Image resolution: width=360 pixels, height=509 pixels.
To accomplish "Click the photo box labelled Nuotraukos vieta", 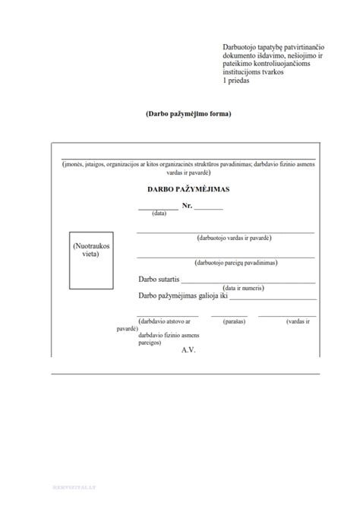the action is [91, 261].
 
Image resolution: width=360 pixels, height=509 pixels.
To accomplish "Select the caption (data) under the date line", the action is [159, 213].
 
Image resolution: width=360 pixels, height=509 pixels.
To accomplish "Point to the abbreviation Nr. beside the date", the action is [187, 206].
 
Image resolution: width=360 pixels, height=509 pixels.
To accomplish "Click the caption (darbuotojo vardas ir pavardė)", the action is [233, 238].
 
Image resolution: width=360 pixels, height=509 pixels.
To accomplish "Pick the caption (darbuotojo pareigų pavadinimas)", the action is [235, 263].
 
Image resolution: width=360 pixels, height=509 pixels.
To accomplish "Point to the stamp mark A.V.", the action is [188, 349].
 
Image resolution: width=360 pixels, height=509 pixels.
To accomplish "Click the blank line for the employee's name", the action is [225, 232].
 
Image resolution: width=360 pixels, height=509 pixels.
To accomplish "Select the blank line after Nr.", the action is [209, 208].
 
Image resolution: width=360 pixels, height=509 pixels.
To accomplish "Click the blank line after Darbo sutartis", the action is [247, 283].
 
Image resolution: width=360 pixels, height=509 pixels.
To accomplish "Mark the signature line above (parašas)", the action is [229, 315].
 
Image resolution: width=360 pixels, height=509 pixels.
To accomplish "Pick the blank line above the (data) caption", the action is [158, 208].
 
